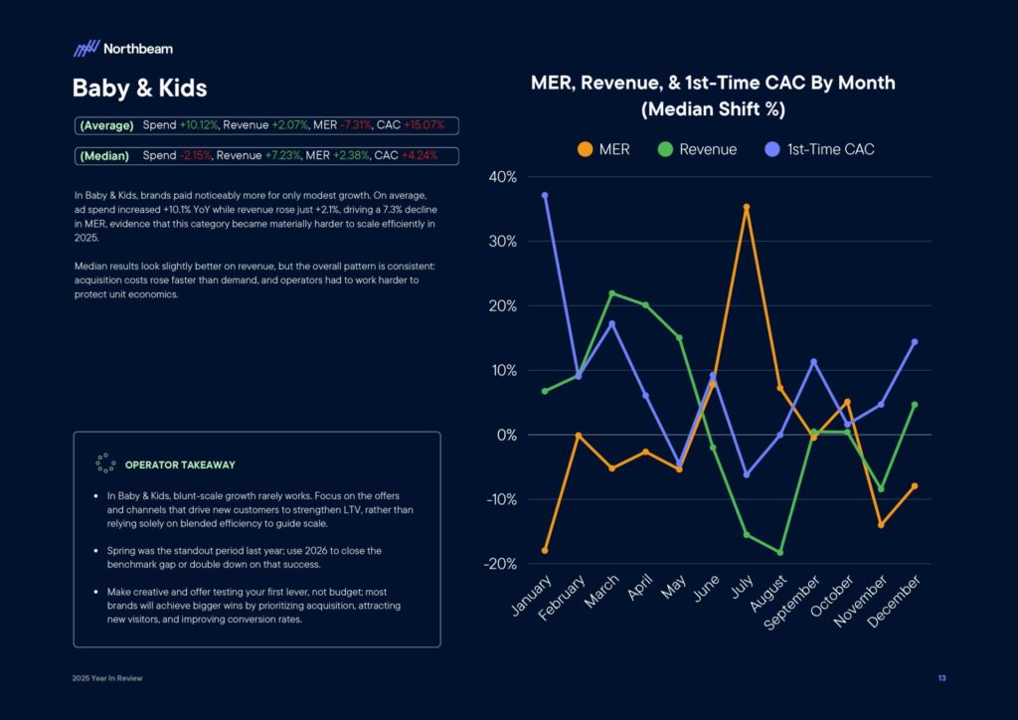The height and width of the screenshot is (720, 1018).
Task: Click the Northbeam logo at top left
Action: (x=122, y=48)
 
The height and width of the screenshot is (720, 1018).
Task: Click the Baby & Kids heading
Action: (x=139, y=89)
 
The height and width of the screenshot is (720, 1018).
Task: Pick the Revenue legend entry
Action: (x=698, y=149)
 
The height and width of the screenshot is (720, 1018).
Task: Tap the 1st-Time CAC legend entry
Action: (x=819, y=149)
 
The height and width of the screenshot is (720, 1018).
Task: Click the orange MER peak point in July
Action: (x=747, y=207)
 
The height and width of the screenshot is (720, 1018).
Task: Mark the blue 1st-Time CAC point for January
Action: (x=545, y=195)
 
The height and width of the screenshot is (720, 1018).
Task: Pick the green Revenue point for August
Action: (x=779, y=552)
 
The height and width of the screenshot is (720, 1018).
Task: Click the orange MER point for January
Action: (x=545, y=550)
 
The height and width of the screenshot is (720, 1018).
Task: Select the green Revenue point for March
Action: (x=611, y=293)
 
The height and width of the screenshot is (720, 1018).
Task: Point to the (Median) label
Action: (x=104, y=156)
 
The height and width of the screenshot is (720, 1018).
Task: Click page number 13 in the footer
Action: (x=940, y=678)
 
